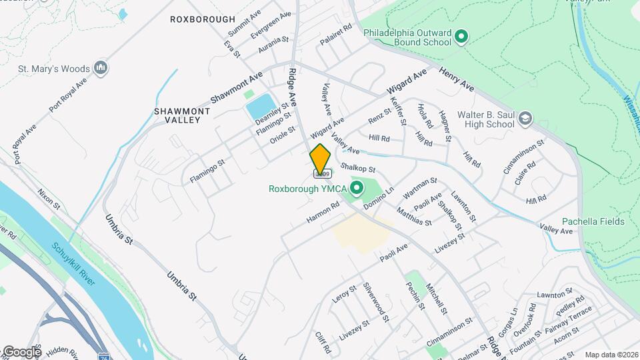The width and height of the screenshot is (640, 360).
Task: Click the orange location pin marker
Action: tap(320, 159)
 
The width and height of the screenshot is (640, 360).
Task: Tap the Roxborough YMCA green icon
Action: tap(356, 189)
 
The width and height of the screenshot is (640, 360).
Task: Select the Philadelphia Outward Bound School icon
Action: tap(461, 37)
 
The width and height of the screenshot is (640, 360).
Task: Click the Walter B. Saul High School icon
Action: tap(525, 119)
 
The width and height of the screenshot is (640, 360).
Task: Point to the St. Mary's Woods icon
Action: tap(101, 67)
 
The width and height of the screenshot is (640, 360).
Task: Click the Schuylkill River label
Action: tap(74, 267)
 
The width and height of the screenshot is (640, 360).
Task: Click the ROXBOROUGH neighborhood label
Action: tap(202, 19)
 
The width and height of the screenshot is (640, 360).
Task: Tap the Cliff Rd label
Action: tap(323, 343)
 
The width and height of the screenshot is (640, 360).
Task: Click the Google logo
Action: tap(21, 351)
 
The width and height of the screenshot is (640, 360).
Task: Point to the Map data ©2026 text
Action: tap(611, 355)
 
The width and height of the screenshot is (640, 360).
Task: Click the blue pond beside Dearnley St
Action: tap(259, 107)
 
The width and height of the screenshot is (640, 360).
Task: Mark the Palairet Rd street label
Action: tap(335, 35)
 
